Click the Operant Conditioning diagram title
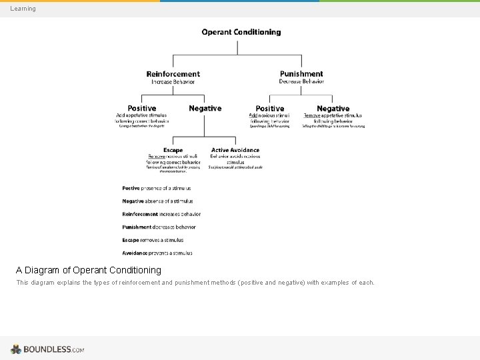(x=241, y=32)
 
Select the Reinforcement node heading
(x=173, y=74)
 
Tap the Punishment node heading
(x=301, y=74)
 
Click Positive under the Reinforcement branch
(x=142, y=108)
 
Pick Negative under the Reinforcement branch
(x=205, y=108)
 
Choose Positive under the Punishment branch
(x=270, y=108)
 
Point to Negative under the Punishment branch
(x=333, y=108)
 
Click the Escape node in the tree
(x=173, y=150)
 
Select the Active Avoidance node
(x=235, y=150)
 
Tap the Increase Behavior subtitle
(x=173, y=82)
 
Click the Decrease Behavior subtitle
(x=301, y=81)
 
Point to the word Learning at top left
(x=23, y=9)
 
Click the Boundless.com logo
(x=47, y=349)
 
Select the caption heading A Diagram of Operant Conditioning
(x=89, y=270)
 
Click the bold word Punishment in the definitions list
(x=137, y=227)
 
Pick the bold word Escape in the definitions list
(x=131, y=240)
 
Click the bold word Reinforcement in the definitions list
(x=140, y=214)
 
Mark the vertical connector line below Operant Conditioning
(x=237, y=47)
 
